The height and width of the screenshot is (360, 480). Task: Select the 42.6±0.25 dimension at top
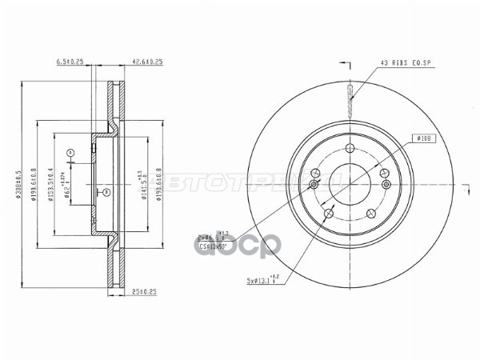[148, 61]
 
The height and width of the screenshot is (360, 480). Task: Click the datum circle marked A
[70, 152]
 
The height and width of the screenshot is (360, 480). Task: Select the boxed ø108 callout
[423, 139]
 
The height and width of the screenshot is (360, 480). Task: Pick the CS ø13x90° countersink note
[214, 247]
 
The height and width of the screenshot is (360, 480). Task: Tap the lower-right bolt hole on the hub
[371, 214]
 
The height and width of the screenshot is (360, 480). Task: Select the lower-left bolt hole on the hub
[329, 214]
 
